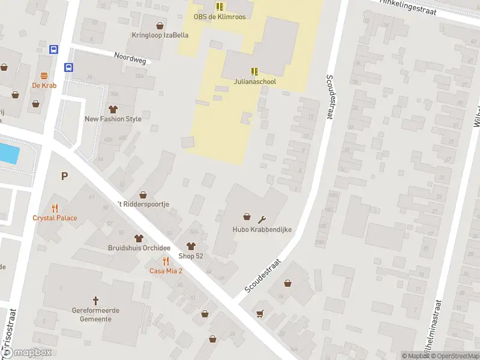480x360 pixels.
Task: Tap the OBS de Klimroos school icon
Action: (x=220, y=7)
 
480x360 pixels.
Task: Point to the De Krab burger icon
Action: (x=44, y=76)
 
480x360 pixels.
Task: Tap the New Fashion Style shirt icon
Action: (x=113, y=109)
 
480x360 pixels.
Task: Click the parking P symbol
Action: (x=64, y=176)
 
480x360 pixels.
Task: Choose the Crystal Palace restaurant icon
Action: (x=55, y=208)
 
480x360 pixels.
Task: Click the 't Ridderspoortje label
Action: (x=143, y=204)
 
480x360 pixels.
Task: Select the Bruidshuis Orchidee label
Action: (x=139, y=248)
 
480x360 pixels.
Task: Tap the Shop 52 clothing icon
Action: (x=191, y=246)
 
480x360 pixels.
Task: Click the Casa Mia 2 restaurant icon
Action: (x=166, y=261)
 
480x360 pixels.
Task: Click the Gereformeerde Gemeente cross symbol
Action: (x=95, y=300)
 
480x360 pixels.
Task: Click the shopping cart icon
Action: (x=260, y=313)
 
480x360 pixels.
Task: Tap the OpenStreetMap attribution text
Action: (x=454, y=356)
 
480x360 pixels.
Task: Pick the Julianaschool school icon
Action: (x=254, y=71)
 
